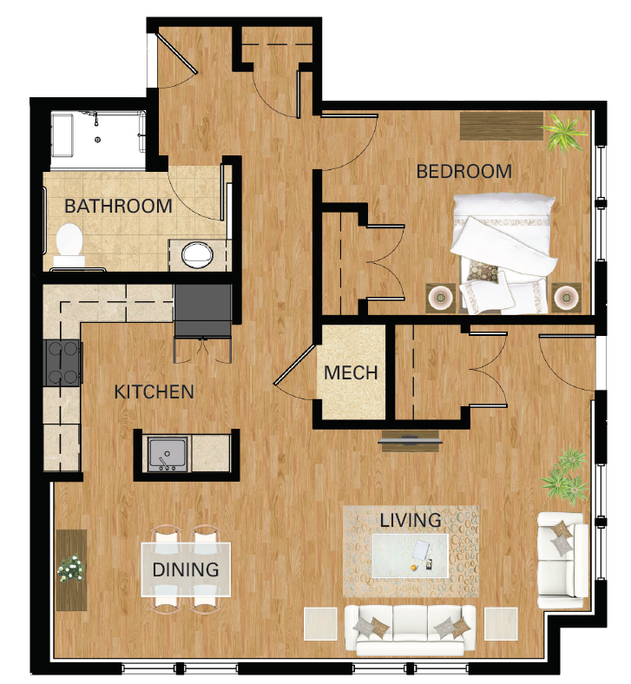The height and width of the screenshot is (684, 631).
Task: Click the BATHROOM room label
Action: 119,207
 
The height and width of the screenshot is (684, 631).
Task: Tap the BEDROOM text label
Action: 463,171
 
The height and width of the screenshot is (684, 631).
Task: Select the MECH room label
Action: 351,372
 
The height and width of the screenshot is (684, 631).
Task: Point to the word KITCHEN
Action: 154,392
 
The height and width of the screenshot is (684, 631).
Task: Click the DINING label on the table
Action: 186,570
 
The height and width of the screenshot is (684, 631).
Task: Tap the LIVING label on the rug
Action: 410,520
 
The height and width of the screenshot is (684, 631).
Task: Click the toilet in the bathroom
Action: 68,243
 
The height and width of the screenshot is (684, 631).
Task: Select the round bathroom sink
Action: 197,254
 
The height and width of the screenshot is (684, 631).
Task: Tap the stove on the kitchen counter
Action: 62,361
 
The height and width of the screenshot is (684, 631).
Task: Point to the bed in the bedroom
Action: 502,247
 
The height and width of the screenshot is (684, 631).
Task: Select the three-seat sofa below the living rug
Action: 410,628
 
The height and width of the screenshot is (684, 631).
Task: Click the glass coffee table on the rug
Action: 411,555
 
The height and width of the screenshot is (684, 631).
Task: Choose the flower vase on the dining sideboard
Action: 72,569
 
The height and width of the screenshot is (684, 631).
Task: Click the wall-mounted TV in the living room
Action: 411,441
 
